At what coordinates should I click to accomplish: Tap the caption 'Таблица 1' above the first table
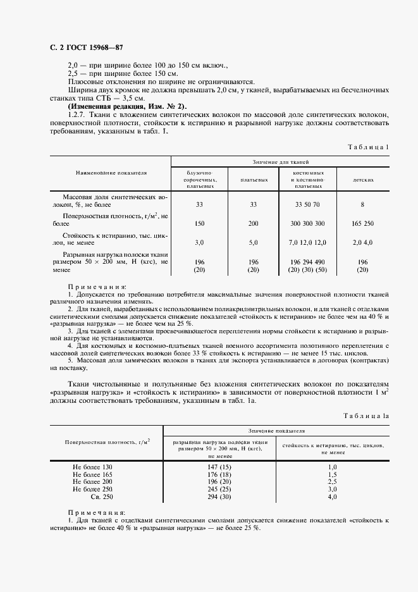[x=369, y=147]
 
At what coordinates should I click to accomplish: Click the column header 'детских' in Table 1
[x=363, y=180]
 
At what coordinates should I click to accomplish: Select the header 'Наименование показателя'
[x=111, y=171]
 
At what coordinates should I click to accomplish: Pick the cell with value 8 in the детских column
[x=362, y=204]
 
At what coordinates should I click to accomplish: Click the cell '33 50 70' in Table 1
[x=307, y=204]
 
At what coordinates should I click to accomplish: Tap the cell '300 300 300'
[x=307, y=223]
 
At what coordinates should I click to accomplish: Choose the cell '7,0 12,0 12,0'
[x=307, y=242]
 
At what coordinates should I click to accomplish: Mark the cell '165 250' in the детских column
[x=362, y=223]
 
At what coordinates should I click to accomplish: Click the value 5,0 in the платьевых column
[x=254, y=242]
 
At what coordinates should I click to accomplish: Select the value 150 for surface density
[x=200, y=223]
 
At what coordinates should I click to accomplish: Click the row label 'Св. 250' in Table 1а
[x=100, y=497]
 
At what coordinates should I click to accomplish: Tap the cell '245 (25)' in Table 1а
[x=219, y=490]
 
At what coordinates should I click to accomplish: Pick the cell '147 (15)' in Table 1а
[x=219, y=467]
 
